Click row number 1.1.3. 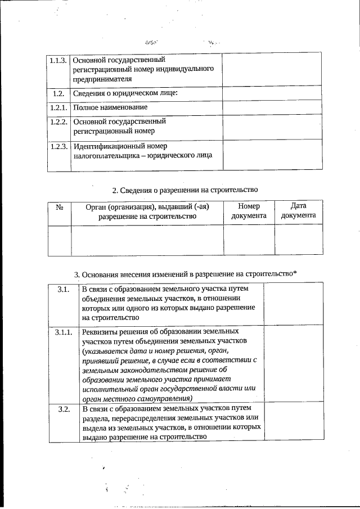[58, 60]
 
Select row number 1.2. [58, 93]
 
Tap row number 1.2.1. [58, 107]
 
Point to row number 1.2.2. [58, 121]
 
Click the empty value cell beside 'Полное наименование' [272, 107]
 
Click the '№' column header [60, 207]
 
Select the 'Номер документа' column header [249, 211]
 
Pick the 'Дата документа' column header [298, 211]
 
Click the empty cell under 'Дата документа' [298, 240]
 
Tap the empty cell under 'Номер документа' [249, 240]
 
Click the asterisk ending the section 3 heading [295, 273]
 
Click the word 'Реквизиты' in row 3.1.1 [100, 332]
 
